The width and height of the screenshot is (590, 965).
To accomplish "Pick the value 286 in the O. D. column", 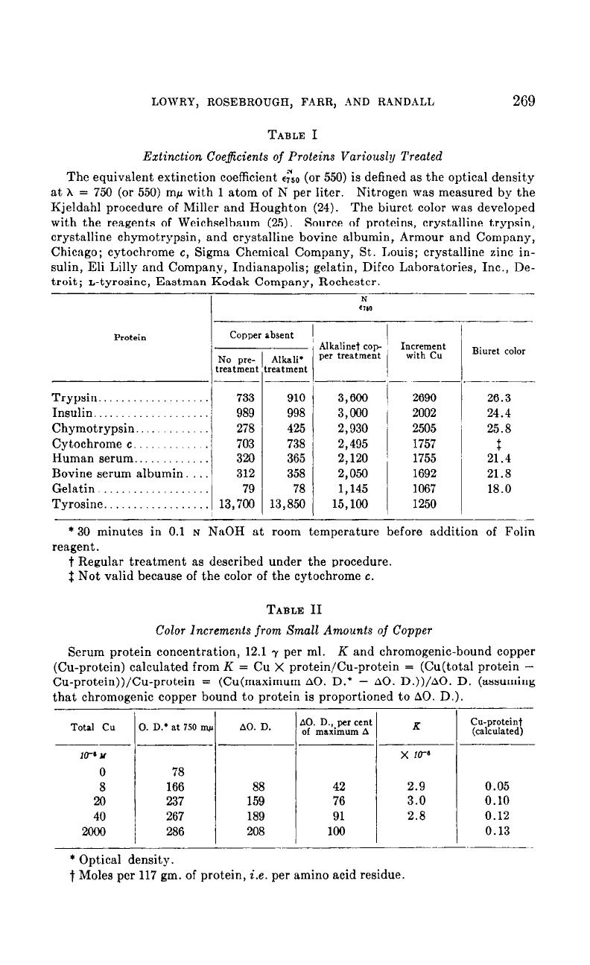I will click(x=174, y=832).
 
